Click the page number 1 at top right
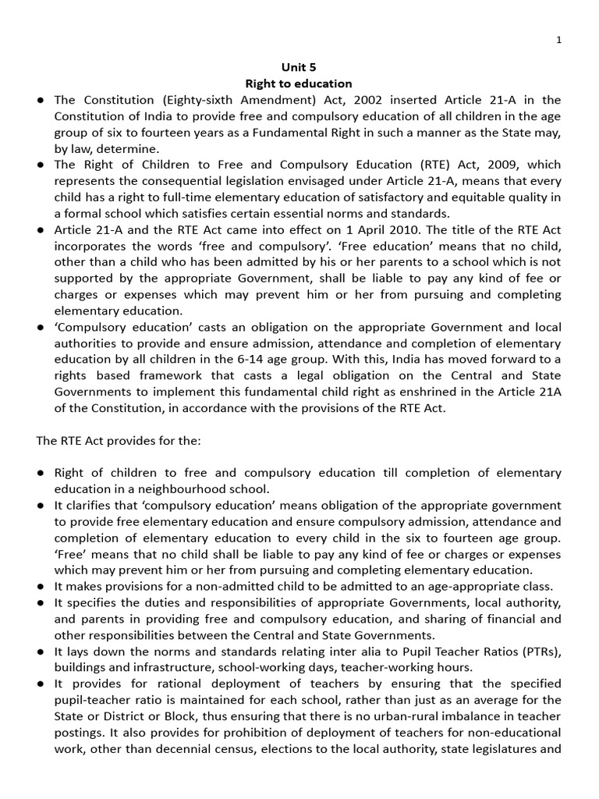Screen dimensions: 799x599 pos(580,41)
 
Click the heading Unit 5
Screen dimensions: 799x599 pos(299,68)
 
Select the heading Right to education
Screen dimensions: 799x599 pos(299,83)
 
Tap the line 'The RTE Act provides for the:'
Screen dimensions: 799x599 pos(119,441)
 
